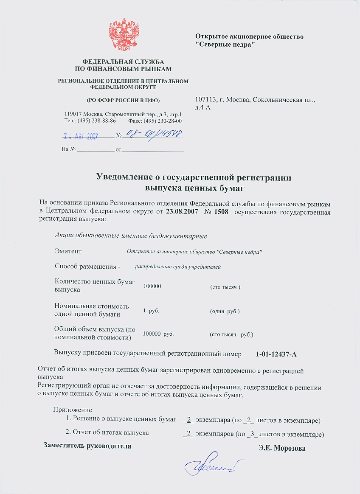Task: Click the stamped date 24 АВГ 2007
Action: pos(81,137)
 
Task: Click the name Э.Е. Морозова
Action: pos(282,448)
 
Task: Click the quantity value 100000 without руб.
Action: pos(152,286)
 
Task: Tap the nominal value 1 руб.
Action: pos(151,311)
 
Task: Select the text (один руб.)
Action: pos(225,312)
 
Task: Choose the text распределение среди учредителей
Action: pos(178,267)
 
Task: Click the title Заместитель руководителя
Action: pos(87,446)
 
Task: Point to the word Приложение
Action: pos(72,410)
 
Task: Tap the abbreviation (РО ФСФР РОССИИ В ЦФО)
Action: pos(123,100)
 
